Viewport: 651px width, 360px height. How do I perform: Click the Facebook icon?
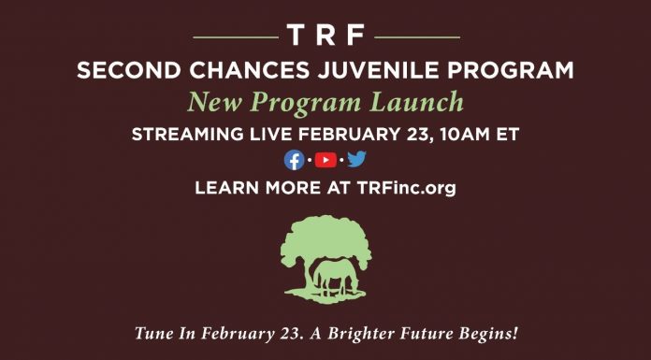coord(295,160)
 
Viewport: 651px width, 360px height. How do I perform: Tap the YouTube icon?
coord(325,160)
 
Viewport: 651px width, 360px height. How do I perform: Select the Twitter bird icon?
coord(356,160)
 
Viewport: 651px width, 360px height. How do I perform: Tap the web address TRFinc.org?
coord(406,188)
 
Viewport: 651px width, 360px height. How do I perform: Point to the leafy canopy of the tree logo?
coord(325,237)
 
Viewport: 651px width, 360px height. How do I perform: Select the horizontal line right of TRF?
coord(416,37)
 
